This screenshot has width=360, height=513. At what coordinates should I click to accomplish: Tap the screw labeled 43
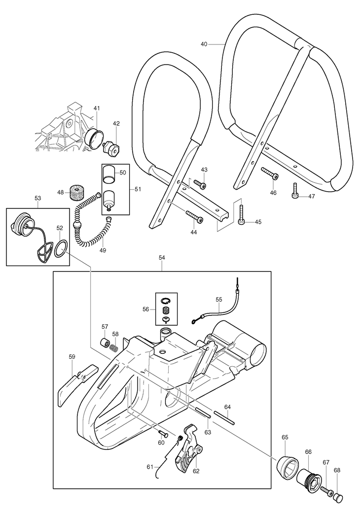coord(199,183)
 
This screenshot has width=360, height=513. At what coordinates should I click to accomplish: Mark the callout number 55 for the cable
coord(218,299)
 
